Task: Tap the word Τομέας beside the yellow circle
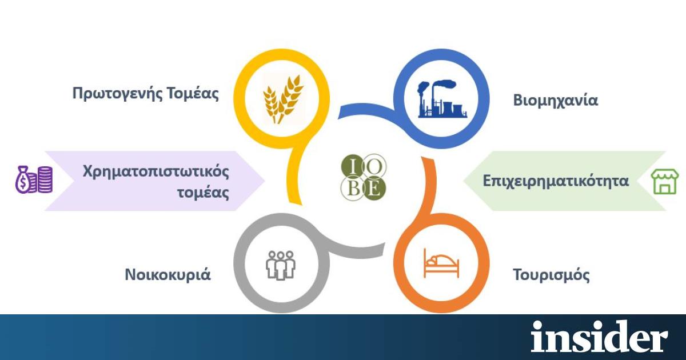point(193,93)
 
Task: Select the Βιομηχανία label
point(556,101)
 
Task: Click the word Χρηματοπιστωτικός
point(156,172)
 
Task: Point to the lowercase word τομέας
point(204,193)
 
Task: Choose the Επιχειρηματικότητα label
point(556,181)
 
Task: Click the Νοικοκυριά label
point(168,274)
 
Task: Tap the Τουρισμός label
point(551,275)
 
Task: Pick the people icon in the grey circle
point(281,265)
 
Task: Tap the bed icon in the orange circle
point(441,263)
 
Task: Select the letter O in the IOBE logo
point(374,166)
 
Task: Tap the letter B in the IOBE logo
point(353,188)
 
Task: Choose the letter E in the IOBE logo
point(374,188)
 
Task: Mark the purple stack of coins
point(45,179)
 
